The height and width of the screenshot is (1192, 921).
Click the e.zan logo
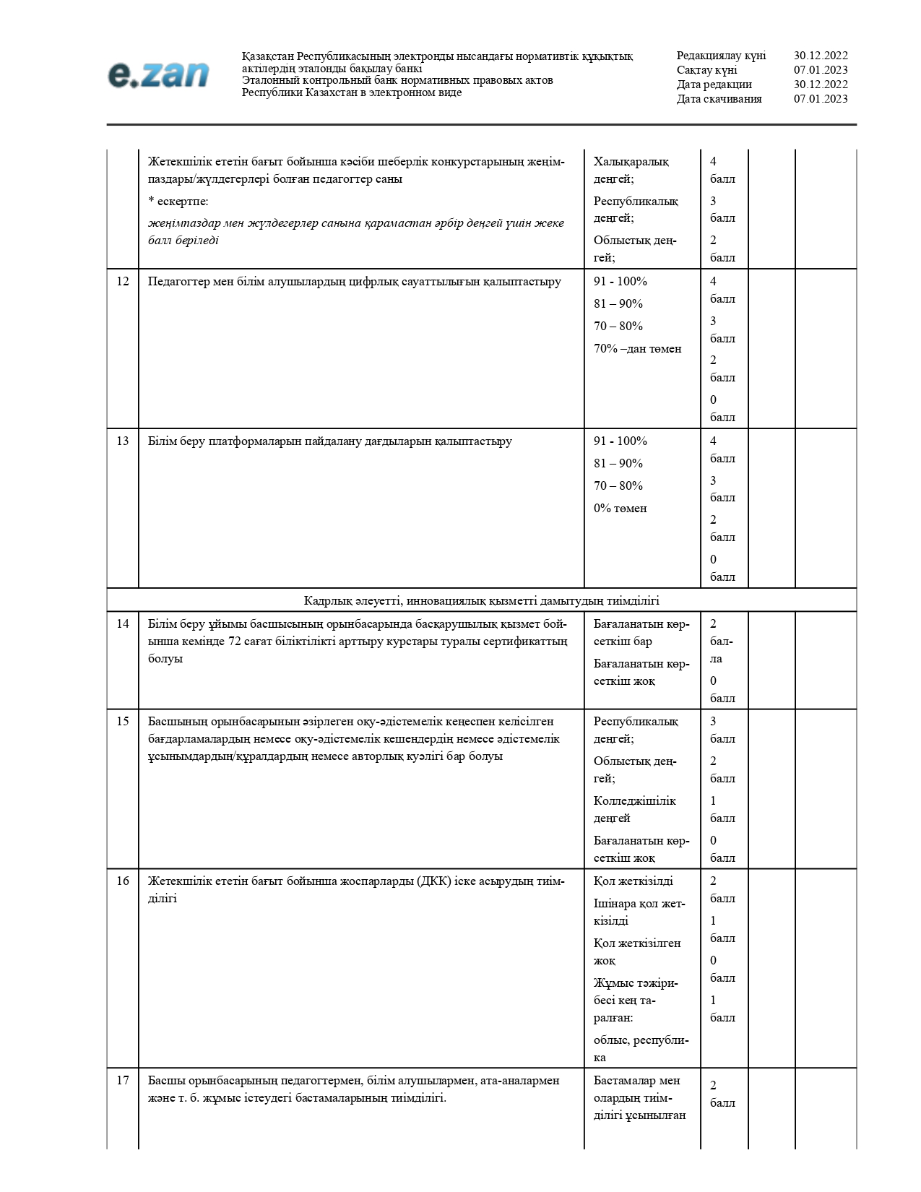pos(159,74)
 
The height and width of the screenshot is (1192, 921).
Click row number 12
pos(123,282)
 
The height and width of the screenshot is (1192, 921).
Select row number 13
pos(123,441)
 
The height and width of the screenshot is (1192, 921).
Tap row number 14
pos(123,624)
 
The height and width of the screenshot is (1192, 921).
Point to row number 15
pos(123,722)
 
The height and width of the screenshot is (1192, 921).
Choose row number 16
pos(123,881)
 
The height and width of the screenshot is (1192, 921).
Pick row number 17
pos(123,1081)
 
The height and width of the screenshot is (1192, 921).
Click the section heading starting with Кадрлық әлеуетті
pos(481,601)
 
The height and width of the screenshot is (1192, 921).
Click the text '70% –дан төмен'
pos(637,349)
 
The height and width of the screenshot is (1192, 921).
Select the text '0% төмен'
pos(620,509)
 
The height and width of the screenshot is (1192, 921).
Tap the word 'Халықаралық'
pos(631,162)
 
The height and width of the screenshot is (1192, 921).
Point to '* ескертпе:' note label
pos(178,202)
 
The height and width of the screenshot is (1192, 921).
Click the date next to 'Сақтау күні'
pos(821,70)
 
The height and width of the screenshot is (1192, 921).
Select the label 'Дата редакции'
pos(714,85)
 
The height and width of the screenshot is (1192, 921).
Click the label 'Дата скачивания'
pos(719,99)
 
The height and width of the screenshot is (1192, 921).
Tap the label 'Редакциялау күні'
pos(721,56)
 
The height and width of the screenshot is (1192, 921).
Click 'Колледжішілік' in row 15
pos(634,801)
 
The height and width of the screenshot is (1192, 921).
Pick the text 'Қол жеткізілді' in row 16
pos(633,881)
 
